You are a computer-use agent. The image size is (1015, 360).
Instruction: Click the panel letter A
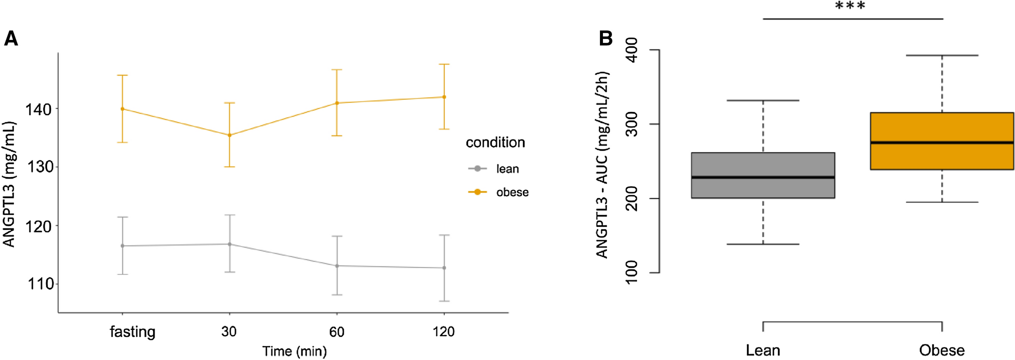click(x=11, y=39)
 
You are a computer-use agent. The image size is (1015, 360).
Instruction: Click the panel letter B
click(x=605, y=38)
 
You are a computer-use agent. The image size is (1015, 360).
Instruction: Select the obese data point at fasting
click(x=122, y=109)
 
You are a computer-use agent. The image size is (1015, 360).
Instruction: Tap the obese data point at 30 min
click(x=229, y=135)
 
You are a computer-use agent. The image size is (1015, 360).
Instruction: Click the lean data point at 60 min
click(x=336, y=266)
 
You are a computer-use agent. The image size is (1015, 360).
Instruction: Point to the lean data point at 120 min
click(x=444, y=268)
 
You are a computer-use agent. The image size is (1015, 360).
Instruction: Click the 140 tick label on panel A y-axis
click(x=39, y=109)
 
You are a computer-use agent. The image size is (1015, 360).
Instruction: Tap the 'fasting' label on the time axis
click(x=132, y=332)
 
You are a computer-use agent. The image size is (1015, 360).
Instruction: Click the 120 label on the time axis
click(x=443, y=332)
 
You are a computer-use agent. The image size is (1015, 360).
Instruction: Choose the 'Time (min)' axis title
click(x=294, y=351)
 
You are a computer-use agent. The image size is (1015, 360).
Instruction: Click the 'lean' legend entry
click(x=507, y=169)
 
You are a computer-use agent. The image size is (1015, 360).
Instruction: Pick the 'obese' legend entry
click(x=512, y=192)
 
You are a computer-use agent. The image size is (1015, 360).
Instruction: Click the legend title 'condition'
click(x=495, y=142)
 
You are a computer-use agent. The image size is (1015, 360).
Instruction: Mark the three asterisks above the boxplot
click(x=850, y=6)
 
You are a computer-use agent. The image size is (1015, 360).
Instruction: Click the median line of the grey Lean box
click(x=763, y=177)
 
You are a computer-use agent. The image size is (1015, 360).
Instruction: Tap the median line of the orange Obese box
click(x=942, y=142)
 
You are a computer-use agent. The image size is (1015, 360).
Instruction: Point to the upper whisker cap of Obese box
click(x=942, y=55)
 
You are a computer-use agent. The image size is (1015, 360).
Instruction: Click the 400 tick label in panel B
click(x=631, y=50)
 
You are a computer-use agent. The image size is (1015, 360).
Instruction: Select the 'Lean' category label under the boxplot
click(x=762, y=350)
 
